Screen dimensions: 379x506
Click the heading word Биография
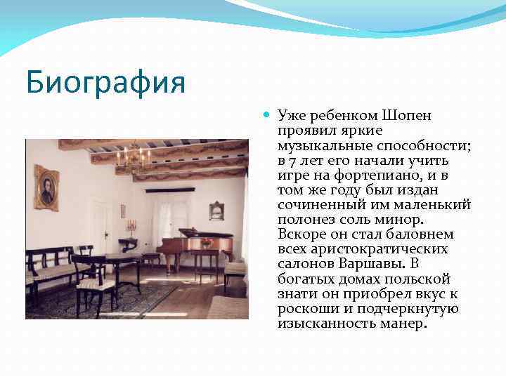[106, 82]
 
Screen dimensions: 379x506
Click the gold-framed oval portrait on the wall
[47, 188]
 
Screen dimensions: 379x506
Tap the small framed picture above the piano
[216, 210]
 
